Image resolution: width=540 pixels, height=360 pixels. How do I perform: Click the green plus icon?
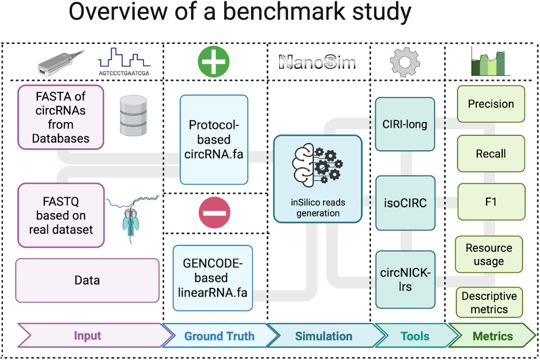pos(213,62)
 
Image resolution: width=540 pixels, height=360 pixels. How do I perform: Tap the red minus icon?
pos(214,213)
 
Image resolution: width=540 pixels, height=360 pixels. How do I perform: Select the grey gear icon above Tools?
pos(405,62)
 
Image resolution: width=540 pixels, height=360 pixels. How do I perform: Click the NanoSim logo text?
pos(318,62)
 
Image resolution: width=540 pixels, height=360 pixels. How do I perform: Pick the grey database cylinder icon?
pos(133,115)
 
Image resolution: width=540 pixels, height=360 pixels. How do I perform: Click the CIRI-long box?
pos(405,125)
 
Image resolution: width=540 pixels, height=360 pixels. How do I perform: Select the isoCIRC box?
pos(405,203)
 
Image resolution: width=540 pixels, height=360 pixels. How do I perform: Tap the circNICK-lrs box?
pos(405,279)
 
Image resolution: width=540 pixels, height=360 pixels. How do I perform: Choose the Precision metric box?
pos(491,104)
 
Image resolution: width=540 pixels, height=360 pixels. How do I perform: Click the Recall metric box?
pos(491,154)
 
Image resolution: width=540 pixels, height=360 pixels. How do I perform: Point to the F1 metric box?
pos(491,202)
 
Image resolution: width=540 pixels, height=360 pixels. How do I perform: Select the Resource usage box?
pos(489,254)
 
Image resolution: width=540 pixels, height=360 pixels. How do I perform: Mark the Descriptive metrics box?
pos(489,303)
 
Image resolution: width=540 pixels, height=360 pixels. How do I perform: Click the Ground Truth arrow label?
pos(219,336)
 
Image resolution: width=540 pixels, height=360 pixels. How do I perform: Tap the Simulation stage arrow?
pos(323,336)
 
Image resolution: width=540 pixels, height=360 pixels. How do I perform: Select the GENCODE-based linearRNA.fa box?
pos(213,278)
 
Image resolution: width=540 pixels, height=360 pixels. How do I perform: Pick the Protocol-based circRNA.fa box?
pos(214,140)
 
